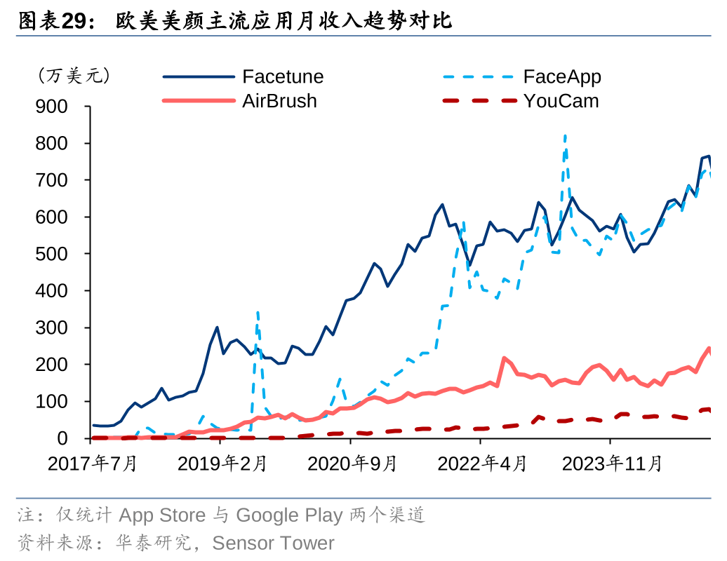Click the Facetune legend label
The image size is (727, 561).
point(283,76)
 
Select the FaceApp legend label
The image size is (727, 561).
point(562,76)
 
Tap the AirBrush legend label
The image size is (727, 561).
point(279,101)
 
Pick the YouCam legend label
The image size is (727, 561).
point(561,101)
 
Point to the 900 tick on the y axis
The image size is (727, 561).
point(51,107)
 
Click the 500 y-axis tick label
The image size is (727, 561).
point(51,254)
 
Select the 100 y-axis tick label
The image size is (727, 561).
point(51,402)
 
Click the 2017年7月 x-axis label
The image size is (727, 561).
point(92,464)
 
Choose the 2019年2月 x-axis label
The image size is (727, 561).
point(222,464)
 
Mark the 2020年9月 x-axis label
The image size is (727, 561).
point(352,464)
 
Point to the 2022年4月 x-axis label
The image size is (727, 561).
point(481,464)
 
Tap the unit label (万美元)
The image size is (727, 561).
point(74,76)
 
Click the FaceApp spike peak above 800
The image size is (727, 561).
point(565,135)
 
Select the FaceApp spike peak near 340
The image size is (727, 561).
point(258,312)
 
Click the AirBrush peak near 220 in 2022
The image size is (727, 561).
point(504,358)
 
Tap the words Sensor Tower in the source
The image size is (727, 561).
point(273,543)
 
